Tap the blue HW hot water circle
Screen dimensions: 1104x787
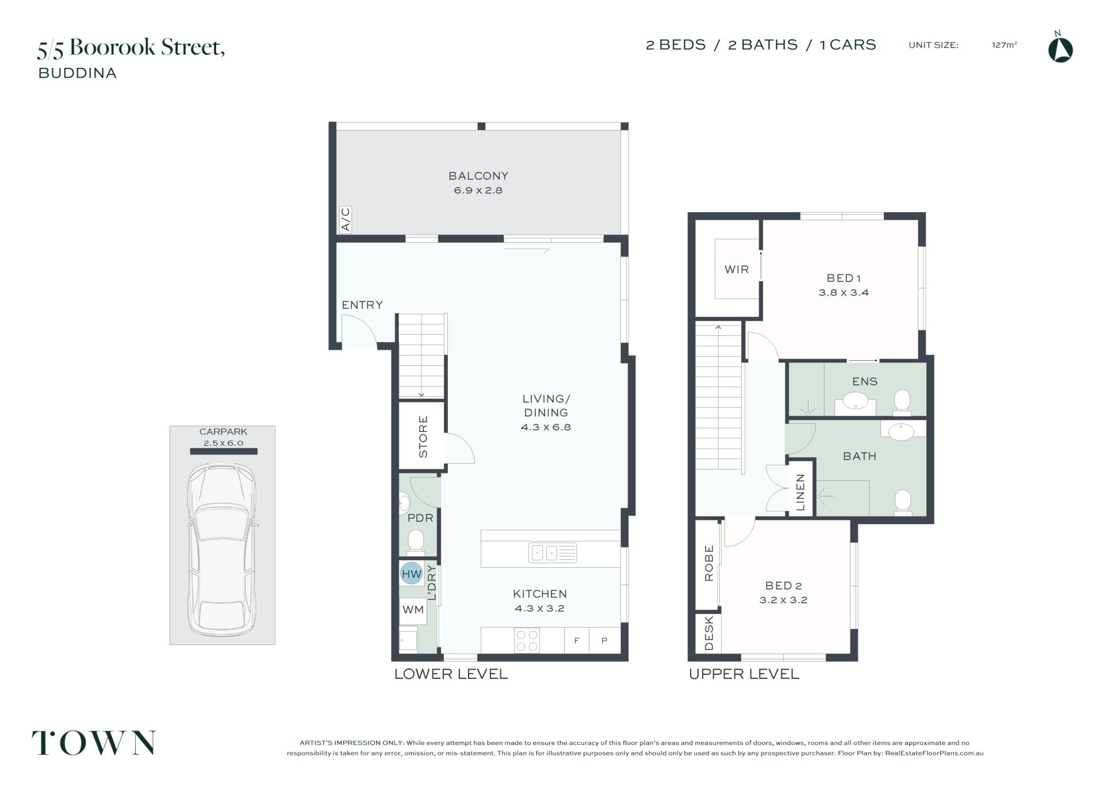pyautogui.click(x=411, y=573)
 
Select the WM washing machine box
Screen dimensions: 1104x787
pyautogui.click(x=413, y=610)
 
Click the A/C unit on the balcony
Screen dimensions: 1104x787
pyautogui.click(x=346, y=220)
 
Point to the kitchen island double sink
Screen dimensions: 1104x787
pyautogui.click(x=553, y=553)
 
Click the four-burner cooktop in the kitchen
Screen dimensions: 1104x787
pyautogui.click(x=527, y=641)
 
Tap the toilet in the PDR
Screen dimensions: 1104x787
pyautogui.click(x=415, y=541)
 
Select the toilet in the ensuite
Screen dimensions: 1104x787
pyautogui.click(x=902, y=402)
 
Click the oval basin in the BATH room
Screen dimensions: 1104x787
pyautogui.click(x=901, y=431)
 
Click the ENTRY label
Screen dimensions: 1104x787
pyautogui.click(x=362, y=305)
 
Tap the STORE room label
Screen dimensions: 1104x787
pyautogui.click(x=423, y=437)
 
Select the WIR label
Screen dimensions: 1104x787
pyautogui.click(x=737, y=269)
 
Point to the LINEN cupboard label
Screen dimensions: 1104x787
pyautogui.click(x=800, y=492)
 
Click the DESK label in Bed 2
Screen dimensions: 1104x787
pyautogui.click(x=709, y=633)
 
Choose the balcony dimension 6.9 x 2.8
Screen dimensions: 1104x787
pyautogui.click(x=478, y=190)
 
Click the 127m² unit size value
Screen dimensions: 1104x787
pyautogui.click(x=1005, y=45)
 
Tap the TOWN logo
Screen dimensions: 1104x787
pyautogui.click(x=94, y=743)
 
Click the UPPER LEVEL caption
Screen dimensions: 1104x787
pyautogui.click(x=744, y=674)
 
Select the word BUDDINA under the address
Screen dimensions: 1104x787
pyautogui.click(x=78, y=73)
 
